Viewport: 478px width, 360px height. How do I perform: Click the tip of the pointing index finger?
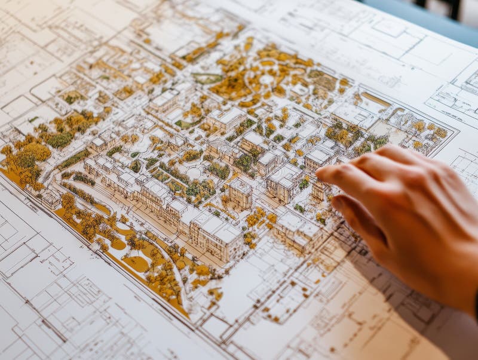[323, 173]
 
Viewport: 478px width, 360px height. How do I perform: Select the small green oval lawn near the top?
[207, 78]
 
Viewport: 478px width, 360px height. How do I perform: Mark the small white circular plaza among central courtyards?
[194, 173]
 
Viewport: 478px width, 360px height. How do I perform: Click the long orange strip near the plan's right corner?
[376, 99]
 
